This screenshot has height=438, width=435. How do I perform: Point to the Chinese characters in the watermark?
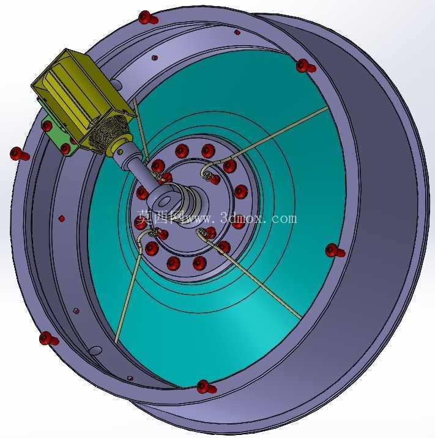tap(160, 217)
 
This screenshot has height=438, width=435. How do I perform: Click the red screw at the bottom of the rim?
tap(206, 387)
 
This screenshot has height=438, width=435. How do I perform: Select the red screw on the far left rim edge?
tap(20, 153)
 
